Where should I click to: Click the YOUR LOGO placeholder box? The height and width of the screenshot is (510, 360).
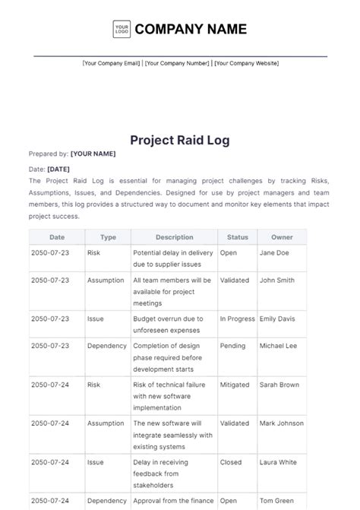point(122,29)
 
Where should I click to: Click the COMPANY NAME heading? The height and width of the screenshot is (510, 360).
point(191,29)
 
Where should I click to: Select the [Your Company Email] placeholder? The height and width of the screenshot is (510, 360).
point(111,63)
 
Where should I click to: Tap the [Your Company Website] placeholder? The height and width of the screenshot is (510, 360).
point(246,63)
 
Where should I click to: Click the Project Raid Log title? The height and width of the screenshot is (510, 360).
point(180,140)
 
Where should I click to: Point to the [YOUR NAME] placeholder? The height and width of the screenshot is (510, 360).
point(93,154)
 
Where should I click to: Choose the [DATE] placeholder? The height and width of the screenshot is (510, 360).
point(58,169)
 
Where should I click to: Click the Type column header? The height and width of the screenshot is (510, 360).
point(109,237)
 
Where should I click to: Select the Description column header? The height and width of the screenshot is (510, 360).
point(174,237)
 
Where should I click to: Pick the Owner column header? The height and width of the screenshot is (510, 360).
point(282,237)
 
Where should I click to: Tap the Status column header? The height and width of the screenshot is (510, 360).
point(238,237)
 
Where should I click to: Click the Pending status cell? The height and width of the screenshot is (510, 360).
point(233,346)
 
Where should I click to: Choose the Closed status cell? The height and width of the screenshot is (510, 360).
point(231,462)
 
